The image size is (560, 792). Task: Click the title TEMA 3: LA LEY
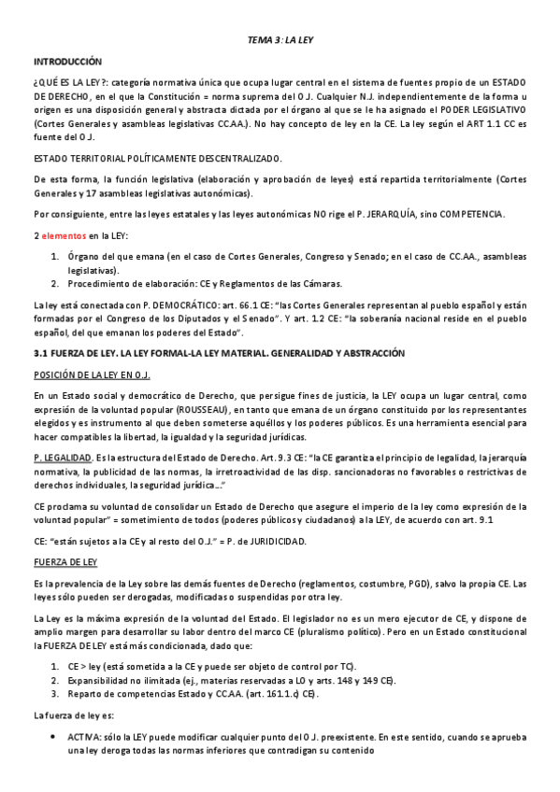pyautogui.click(x=280, y=41)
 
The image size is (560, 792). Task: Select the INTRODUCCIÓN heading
pyautogui.click(x=67, y=61)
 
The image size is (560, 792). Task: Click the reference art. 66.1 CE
pyautogui.click(x=206, y=307)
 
